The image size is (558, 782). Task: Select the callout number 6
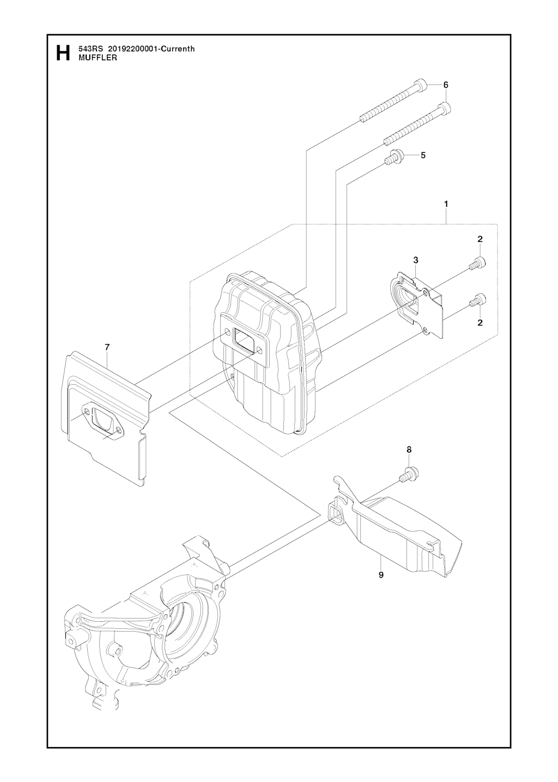[445, 85]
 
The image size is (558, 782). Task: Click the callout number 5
[423, 155]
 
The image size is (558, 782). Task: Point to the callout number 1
[446, 204]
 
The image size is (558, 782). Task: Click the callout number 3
[415, 259]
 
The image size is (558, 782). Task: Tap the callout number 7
[107, 347]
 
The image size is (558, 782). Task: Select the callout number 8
[409, 450]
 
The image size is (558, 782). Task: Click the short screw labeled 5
[393, 157]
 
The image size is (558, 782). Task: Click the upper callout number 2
[480, 239]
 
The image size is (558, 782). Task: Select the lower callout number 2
[480, 323]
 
